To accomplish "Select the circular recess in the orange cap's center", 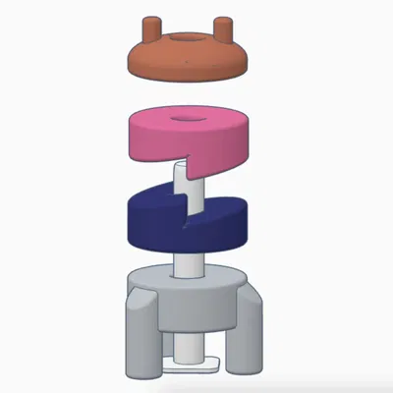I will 187,38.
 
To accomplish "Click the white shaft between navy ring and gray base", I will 187,263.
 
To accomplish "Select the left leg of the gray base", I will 139,339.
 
